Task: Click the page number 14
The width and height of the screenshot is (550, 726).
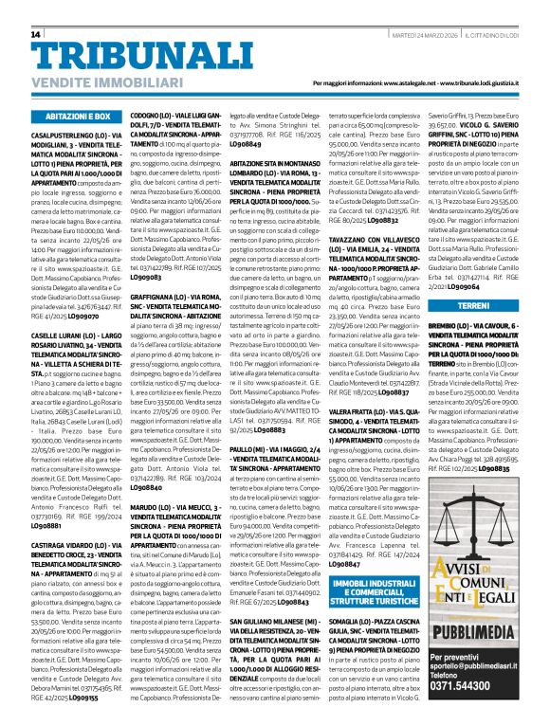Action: (x=37, y=34)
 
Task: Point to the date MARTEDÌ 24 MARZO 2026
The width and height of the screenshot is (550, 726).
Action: (x=430, y=34)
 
